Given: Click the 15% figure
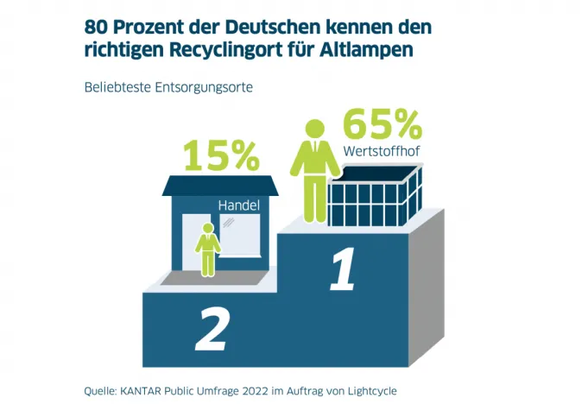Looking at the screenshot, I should click(x=221, y=156).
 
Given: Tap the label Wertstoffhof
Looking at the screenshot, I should click(x=382, y=152).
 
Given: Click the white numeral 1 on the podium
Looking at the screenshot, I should click(x=343, y=271).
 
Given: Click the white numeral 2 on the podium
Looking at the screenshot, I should click(x=212, y=328).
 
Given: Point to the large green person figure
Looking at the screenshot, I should click(x=314, y=169).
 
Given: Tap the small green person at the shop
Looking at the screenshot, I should click(x=207, y=249).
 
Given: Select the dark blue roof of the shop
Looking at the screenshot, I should click(x=220, y=186).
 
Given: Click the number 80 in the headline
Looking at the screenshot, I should click(x=96, y=26).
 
